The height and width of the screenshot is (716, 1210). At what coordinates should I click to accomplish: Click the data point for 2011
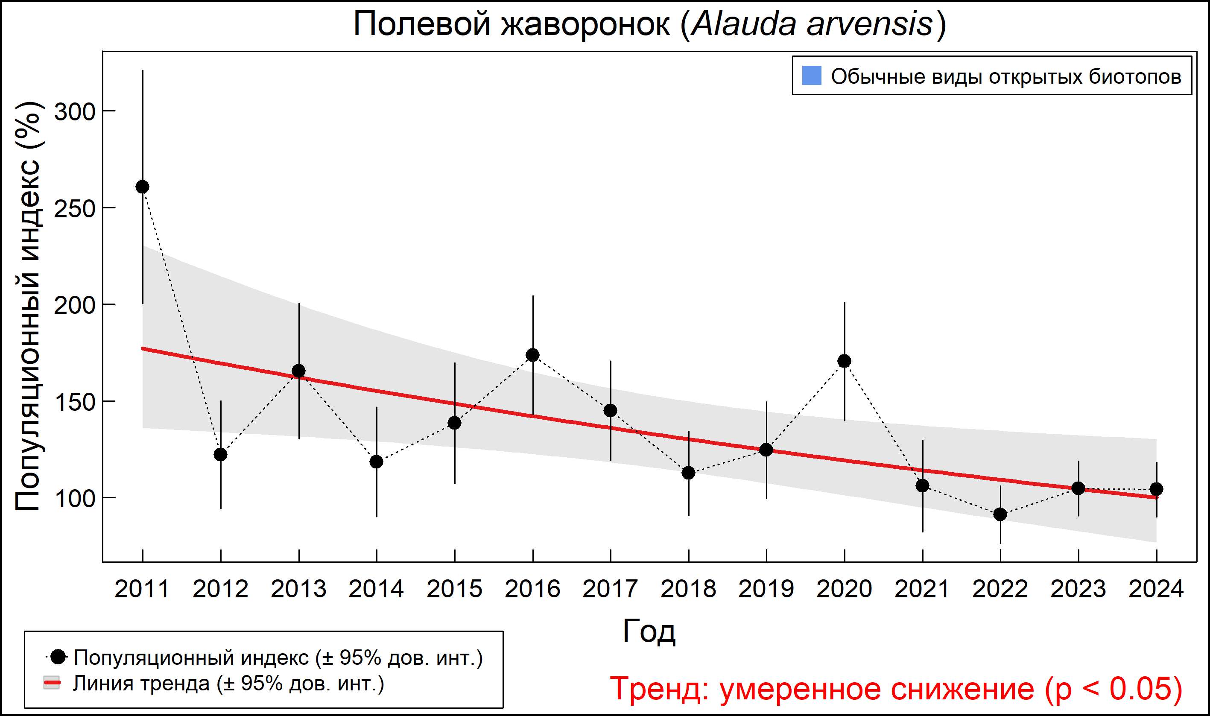[x=142, y=187]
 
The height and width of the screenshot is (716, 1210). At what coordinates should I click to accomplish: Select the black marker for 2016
[x=533, y=355]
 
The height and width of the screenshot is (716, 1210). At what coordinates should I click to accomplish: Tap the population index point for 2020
[x=844, y=361]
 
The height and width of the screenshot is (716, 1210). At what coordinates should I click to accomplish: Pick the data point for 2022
[x=1000, y=514]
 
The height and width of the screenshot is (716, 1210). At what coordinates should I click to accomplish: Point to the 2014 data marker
[x=376, y=462]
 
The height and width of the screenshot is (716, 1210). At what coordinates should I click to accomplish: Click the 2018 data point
[x=688, y=473]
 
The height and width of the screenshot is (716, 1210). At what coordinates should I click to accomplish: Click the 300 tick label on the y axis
[x=75, y=112]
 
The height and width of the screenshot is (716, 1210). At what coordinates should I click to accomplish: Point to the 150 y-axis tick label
[x=75, y=402]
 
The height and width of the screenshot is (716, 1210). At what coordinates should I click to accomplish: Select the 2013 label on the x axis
[x=298, y=590]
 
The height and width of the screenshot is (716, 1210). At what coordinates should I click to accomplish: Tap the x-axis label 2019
[x=766, y=590]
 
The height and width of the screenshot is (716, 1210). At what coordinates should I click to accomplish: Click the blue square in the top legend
[x=812, y=76]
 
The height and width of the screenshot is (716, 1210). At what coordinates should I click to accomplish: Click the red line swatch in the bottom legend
[x=52, y=683]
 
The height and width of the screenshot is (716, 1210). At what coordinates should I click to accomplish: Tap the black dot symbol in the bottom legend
[x=58, y=657]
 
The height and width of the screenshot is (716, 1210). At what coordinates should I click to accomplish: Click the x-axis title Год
[x=649, y=631]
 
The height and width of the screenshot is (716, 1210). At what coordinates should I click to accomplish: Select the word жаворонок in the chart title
[x=585, y=24]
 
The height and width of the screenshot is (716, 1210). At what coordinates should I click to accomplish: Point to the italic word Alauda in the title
[x=743, y=24]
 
